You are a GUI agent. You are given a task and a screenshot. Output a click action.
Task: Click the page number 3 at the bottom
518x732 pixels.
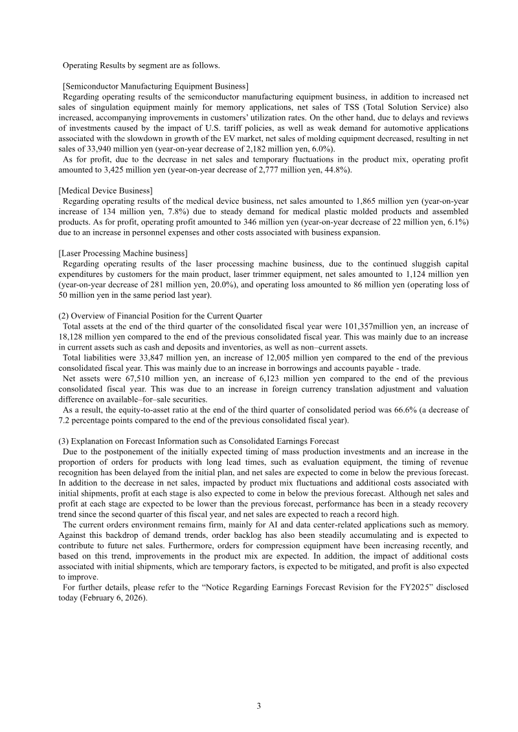pyautogui.click(x=259, y=706)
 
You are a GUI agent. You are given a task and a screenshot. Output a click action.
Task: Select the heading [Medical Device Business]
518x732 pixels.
pyautogui.click(x=105, y=190)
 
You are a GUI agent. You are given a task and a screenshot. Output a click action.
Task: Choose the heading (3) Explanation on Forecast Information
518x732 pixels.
pyautogui.click(x=198, y=441)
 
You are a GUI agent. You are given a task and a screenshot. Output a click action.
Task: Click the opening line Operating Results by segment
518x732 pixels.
pyautogui.click(x=141, y=65)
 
